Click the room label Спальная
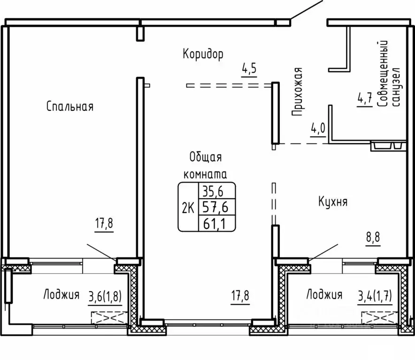[x=70, y=107]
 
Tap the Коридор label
[x=203, y=54]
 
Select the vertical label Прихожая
[x=297, y=92]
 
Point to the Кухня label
[x=333, y=202]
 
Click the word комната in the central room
[x=205, y=175]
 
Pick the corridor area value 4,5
[x=249, y=69]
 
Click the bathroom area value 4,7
[x=365, y=99]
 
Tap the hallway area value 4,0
[x=318, y=129]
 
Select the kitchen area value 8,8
[x=373, y=237]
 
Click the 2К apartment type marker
[x=188, y=208]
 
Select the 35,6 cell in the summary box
[x=213, y=191]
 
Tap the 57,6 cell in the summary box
[x=215, y=207]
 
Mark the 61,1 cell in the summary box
[x=215, y=224]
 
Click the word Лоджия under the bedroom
[x=61, y=295]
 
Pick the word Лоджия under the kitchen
[x=324, y=295]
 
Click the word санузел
[x=396, y=87]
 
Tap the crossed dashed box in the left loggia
[x=109, y=318]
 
